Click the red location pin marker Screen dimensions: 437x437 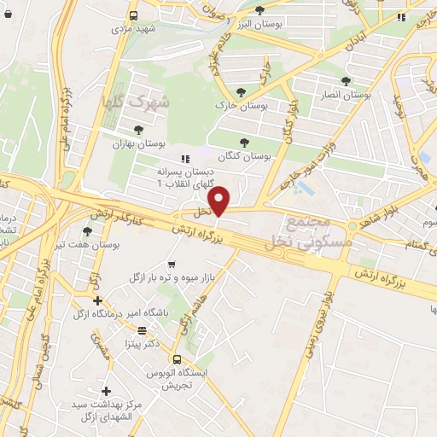tap(219, 201)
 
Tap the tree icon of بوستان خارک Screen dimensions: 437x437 tap(242, 93)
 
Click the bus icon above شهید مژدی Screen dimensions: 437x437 tap(133, 15)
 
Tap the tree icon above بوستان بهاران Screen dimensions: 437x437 tap(138, 130)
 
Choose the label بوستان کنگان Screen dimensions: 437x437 tap(244, 157)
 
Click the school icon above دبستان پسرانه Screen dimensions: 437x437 tap(184, 158)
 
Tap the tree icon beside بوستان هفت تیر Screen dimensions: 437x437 tap(86, 230)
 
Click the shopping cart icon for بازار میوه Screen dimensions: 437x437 tap(172, 265)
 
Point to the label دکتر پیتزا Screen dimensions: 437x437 tap(141, 344)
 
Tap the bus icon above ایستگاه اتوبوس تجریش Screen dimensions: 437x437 tap(177, 359)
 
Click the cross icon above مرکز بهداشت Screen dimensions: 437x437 tap(106, 390)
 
